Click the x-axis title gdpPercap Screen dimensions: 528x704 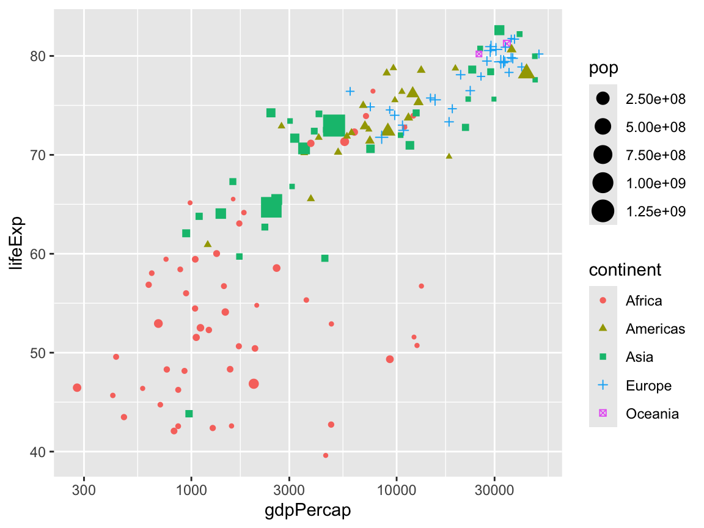click(x=308, y=510)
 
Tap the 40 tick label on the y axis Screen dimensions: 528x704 click(x=39, y=452)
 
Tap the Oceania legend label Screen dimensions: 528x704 click(x=652, y=414)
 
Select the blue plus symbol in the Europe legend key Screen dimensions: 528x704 click(x=603, y=385)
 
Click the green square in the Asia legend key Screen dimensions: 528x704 click(x=603, y=357)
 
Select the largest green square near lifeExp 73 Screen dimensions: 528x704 click(x=334, y=125)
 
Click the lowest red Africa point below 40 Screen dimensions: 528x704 click(x=326, y=455)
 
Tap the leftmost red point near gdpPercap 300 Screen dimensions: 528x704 click(x=77, y=387)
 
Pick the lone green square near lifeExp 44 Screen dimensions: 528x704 click(x=189, y=414)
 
